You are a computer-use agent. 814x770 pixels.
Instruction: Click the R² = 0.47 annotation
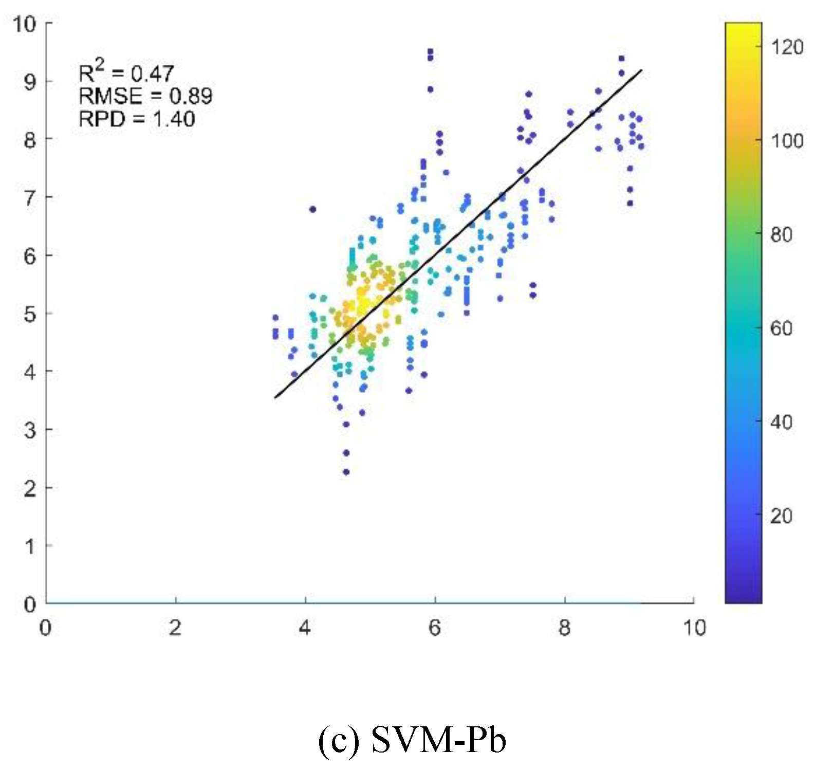point(126,72)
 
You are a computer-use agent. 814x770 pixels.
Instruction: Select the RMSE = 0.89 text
point(145,96)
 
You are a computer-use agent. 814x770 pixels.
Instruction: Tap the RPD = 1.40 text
point(137,119)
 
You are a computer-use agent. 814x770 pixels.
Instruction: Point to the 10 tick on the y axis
point(24,24)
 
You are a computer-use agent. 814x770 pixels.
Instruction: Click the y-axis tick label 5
point(30,314)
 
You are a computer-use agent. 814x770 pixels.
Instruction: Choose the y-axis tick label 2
point(30,488)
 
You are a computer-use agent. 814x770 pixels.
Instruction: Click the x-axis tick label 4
point(305,628)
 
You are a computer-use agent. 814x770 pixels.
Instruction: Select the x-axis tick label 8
point(564,628)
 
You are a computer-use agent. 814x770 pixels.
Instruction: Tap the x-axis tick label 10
point(694,628)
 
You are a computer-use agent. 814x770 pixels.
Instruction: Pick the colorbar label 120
point(787,47)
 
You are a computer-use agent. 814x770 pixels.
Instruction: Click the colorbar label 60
point(781,328)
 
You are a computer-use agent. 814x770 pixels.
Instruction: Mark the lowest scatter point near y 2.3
point(346,472)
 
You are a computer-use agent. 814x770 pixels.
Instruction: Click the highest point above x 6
point(430,51)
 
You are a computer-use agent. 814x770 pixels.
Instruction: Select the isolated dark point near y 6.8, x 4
point(312,209)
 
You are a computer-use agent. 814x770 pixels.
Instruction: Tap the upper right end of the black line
point(641,71)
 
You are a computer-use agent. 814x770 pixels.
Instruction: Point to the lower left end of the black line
point(276,397)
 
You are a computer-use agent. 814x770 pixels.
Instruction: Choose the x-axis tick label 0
point(45,628)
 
